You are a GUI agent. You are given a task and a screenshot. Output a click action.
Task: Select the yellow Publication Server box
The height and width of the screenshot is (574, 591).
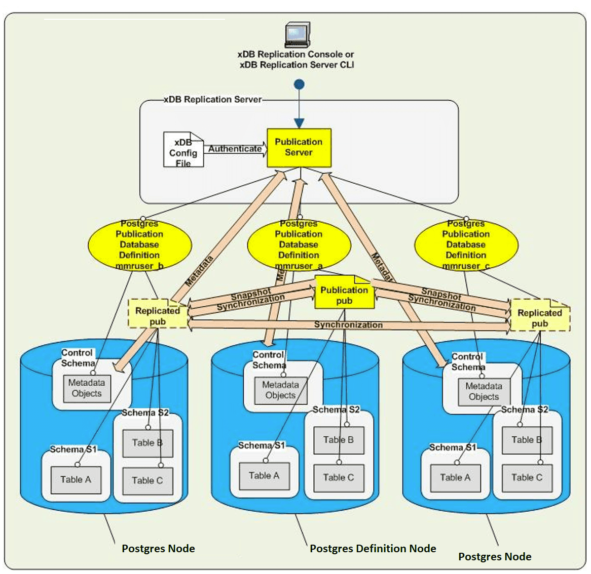click(x=299, y=147)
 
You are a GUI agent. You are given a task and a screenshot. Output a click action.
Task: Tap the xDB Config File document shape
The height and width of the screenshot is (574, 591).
click(x=183, y=150)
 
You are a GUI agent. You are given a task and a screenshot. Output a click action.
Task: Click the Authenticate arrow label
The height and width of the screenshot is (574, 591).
click(x=235, y=149)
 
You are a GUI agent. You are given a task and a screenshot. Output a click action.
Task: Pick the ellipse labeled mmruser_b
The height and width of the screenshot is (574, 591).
click(x=139, y=245)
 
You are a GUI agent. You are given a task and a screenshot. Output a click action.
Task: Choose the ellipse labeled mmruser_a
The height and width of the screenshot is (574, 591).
click(x=299, y=245)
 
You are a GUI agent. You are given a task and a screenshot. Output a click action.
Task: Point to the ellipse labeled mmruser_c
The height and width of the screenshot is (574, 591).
click(x=466, y=245)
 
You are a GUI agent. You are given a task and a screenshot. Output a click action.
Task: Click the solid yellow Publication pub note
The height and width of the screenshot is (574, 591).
click(x=344, y=294)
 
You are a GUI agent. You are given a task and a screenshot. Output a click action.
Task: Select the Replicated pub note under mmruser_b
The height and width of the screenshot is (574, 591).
click(x=158, y=315)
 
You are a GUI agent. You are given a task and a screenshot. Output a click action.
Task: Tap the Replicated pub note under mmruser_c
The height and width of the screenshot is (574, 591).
click(x=540, y=316)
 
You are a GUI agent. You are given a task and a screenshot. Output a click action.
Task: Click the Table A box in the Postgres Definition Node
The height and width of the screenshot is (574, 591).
click(x=264, y=476)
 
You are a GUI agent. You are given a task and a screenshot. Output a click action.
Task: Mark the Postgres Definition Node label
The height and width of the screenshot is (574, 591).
click(x=373, y=549)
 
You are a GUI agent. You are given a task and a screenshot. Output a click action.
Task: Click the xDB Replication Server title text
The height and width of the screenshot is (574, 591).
click(x=213, y=100)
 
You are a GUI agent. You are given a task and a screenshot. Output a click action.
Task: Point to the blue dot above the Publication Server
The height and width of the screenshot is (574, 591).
click(x=299, y=84)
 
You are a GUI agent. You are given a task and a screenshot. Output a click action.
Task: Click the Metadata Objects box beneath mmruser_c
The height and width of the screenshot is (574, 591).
click(x=484, y=392)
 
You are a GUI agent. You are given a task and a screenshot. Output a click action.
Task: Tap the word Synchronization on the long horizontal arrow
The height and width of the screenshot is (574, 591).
click(x=348, y=325)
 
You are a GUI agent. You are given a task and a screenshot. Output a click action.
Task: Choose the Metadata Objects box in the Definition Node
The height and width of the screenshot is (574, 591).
click(x=280, y=390)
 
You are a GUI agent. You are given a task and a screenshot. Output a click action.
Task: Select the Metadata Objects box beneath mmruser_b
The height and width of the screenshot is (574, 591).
click(x=87, y=388)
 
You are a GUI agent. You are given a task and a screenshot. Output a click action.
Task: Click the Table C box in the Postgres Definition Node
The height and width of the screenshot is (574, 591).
click(x=339, y=477)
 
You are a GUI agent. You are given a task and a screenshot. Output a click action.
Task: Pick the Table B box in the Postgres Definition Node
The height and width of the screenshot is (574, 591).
click(x=339, y=440)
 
